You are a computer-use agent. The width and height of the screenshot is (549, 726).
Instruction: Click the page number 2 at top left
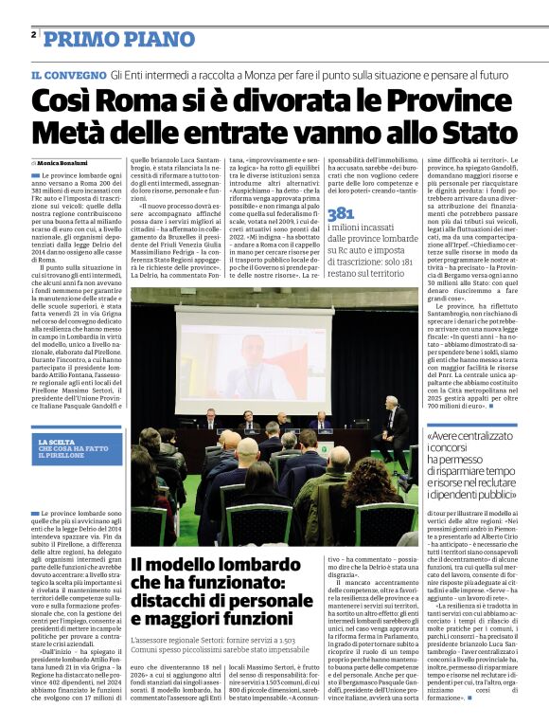[x=34, y=35]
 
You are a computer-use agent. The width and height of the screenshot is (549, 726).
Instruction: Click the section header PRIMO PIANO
[x=107, y=38]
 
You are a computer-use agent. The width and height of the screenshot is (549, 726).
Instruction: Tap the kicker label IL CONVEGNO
[x=67, y=74]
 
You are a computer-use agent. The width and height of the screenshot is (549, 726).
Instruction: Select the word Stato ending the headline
[x=477, y=132]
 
